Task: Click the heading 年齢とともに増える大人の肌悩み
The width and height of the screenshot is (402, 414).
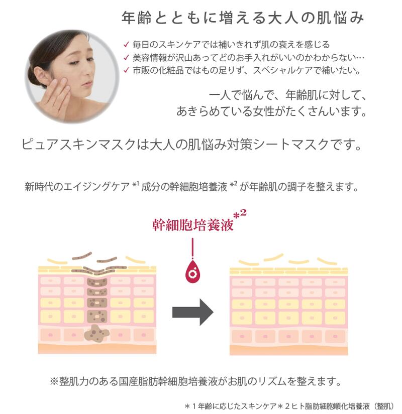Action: pyautogui.click(x=242, y=19)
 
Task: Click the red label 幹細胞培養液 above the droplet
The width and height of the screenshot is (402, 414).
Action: pyautogui.click(x=193, y=224)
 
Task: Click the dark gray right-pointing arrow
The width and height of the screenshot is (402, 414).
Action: pyautogui.click(x=192, y=312)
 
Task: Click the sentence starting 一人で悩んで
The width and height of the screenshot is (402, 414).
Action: pyautogui.click(x=286, y=95)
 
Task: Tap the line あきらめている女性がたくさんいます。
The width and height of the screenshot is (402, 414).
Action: pyautogui.click(x=270, y=111)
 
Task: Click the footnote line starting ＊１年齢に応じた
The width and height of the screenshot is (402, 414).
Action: pyautogui.click(x=290, y=405)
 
